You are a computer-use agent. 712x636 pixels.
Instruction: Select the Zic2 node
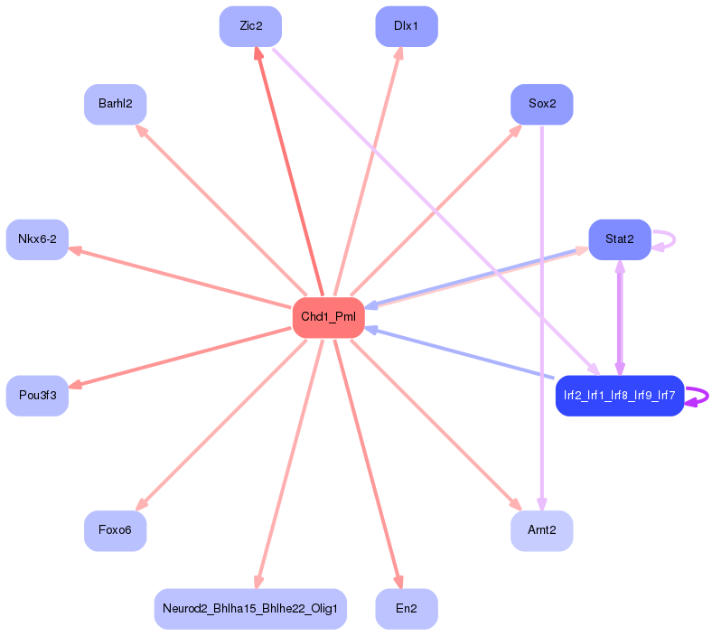[250, 26]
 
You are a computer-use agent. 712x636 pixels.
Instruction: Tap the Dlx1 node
[407, 26]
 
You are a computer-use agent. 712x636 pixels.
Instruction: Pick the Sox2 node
[542, 104]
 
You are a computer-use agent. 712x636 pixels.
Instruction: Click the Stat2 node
[620, 239]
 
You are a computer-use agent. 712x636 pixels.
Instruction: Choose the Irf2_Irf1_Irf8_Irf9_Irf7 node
[620, 396]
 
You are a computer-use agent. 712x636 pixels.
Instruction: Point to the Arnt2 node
[542, 530]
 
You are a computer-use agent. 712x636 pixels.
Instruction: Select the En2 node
[407, 608]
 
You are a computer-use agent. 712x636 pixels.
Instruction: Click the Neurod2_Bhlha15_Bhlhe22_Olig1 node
[250, 608]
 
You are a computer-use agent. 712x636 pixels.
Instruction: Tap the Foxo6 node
[115, 530]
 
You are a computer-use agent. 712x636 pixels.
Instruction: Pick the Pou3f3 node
[37, 396]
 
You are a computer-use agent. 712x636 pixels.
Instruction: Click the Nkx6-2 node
[37, 239]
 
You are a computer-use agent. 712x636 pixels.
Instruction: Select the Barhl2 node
[115, 104]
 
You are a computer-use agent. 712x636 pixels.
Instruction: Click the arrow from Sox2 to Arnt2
[542, 316]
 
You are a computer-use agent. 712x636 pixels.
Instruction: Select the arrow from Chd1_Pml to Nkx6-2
[181, 277]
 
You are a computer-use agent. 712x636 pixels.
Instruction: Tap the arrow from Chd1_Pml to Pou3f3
[181, 357]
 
